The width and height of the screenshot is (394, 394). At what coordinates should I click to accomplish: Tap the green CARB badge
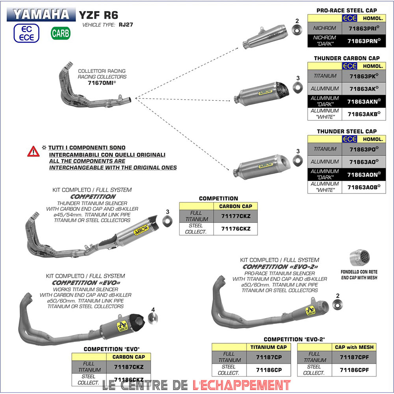pos(60,33)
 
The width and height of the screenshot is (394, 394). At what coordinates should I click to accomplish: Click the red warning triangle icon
pos(33,151)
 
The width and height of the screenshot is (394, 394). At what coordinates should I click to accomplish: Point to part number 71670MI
pos(102,83)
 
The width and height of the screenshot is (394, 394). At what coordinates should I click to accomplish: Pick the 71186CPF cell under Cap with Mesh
pos(354,370)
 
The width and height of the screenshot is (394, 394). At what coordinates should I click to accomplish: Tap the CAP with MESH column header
pos(354,347)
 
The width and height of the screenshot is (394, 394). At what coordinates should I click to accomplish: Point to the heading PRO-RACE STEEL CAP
pos(347,10)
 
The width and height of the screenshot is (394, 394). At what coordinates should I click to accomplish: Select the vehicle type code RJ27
pos(122,24)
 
